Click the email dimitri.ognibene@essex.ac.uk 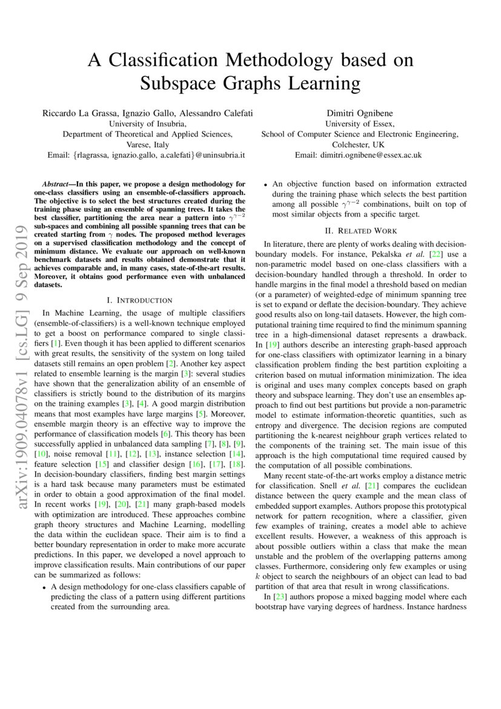point(358,155)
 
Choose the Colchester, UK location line point(358,145)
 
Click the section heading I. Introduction point(139,300)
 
